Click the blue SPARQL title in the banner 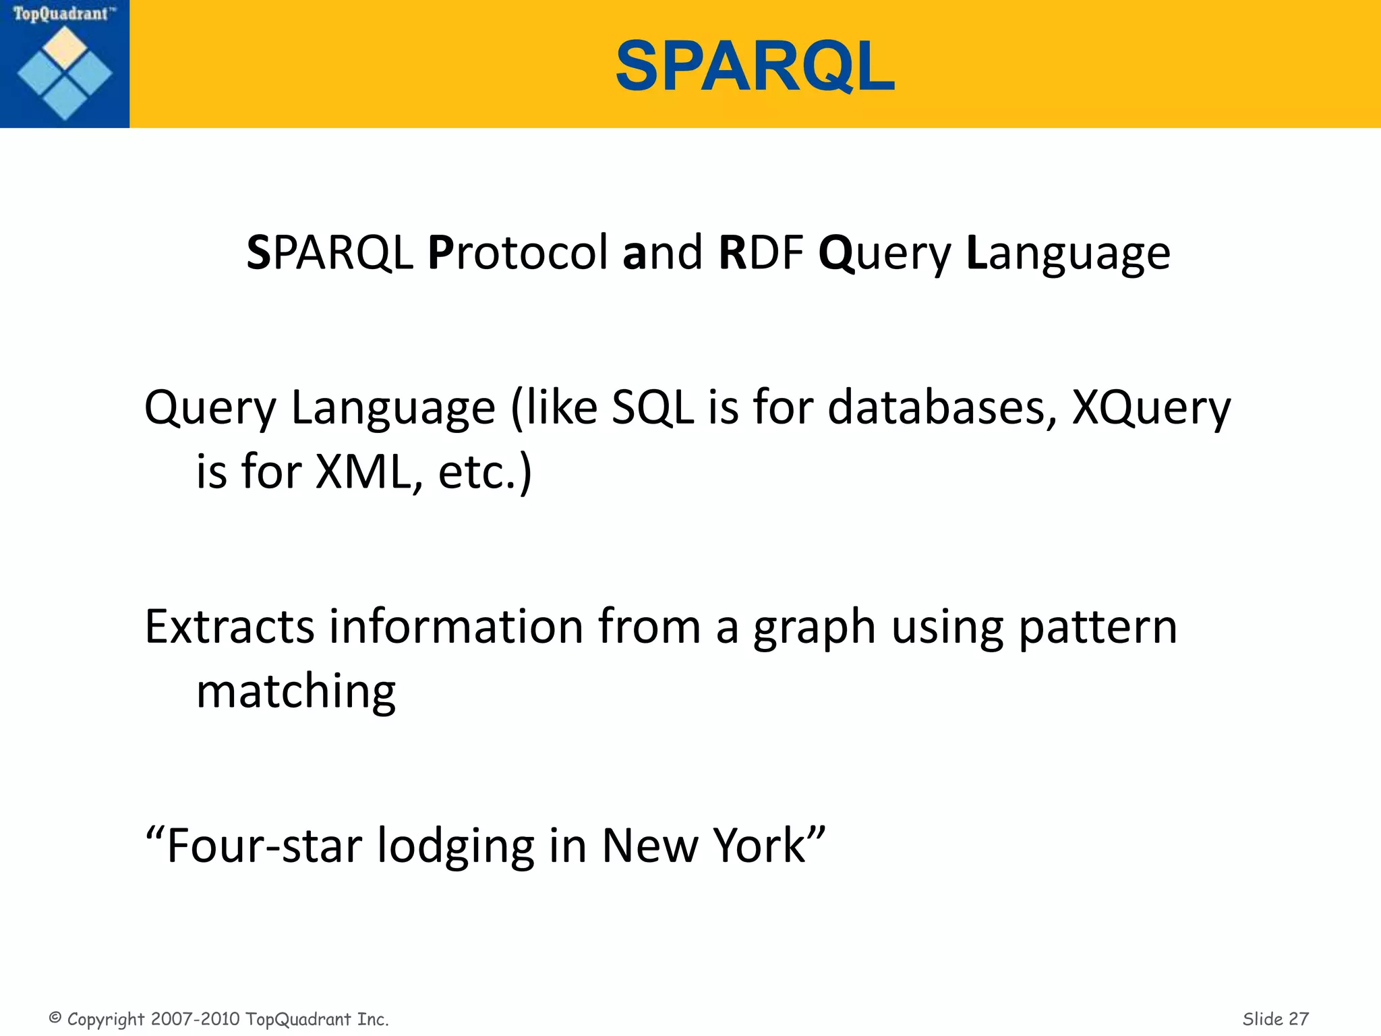point(755,66)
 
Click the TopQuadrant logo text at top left point(61,13)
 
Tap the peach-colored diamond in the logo point(65,47)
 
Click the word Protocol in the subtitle point(517,253)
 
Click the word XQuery point(1151,409)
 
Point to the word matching point(295,692)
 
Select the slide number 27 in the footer point(1298,1018)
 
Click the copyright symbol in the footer point(55,1018)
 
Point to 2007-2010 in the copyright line point(196,1018)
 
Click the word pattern point(1097,627)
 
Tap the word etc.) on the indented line point(484,472)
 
